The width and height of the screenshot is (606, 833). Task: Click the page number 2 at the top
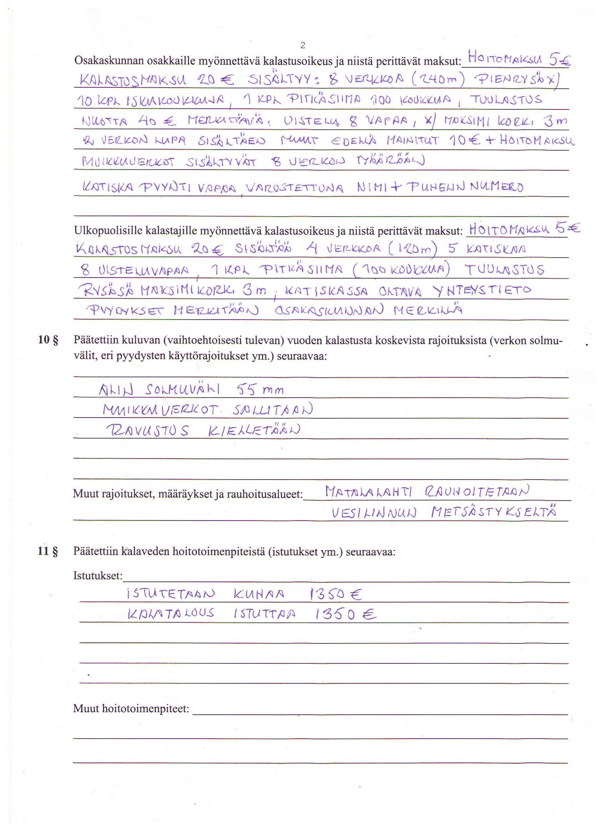[302, 46]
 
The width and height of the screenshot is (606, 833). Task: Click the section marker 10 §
[48, 340]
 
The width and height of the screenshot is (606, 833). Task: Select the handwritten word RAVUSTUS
[148, 430]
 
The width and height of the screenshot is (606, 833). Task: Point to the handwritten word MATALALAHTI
[369, 491]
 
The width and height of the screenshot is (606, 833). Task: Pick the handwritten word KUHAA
[259, 594]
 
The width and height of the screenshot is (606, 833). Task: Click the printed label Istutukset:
[98, 575]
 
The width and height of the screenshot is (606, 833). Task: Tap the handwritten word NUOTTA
[105, 121]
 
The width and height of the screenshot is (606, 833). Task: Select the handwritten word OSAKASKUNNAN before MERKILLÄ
[329, 311]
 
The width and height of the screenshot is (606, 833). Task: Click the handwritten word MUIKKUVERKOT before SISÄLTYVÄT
[128, 162]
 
